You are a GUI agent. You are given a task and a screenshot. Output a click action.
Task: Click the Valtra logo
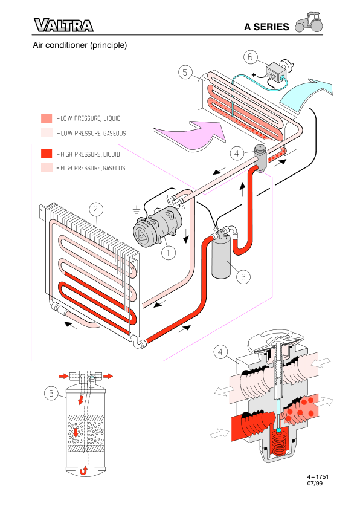pyautogui.click(x=63, y=25)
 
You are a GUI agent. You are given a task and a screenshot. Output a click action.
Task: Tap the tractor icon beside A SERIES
pyautogui.click(x=309, y=23)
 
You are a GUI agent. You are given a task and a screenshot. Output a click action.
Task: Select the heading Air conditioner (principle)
pyautogui.click(x=80, y=45)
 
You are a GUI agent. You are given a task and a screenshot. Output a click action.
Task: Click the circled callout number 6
pyautogui.click(x=251, y=57)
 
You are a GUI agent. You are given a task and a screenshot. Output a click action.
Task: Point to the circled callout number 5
pyautogui.click(x=185, y=72)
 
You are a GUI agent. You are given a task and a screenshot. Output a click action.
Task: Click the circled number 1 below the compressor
pyautogui.click(x=169, y=252)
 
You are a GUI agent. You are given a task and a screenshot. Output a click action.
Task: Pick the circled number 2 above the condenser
pyautogui.click(x=95, y=209)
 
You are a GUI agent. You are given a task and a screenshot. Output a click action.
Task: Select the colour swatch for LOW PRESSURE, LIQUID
pyautogui.click(x=47, y=118)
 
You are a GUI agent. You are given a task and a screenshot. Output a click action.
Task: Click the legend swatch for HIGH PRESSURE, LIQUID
pyautogui.click(x=47, y=154)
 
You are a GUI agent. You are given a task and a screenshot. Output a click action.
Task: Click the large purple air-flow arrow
pyautogui.click(x=191, y=135)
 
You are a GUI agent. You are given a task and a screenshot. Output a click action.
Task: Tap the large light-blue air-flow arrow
pyautogui.click(x=305, y=95)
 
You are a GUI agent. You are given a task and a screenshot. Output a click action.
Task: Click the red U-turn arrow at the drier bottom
pyautogui.click(x=84, y=470)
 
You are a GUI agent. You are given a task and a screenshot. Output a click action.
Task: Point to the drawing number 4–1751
pyautogui.click(x=318, y=477)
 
